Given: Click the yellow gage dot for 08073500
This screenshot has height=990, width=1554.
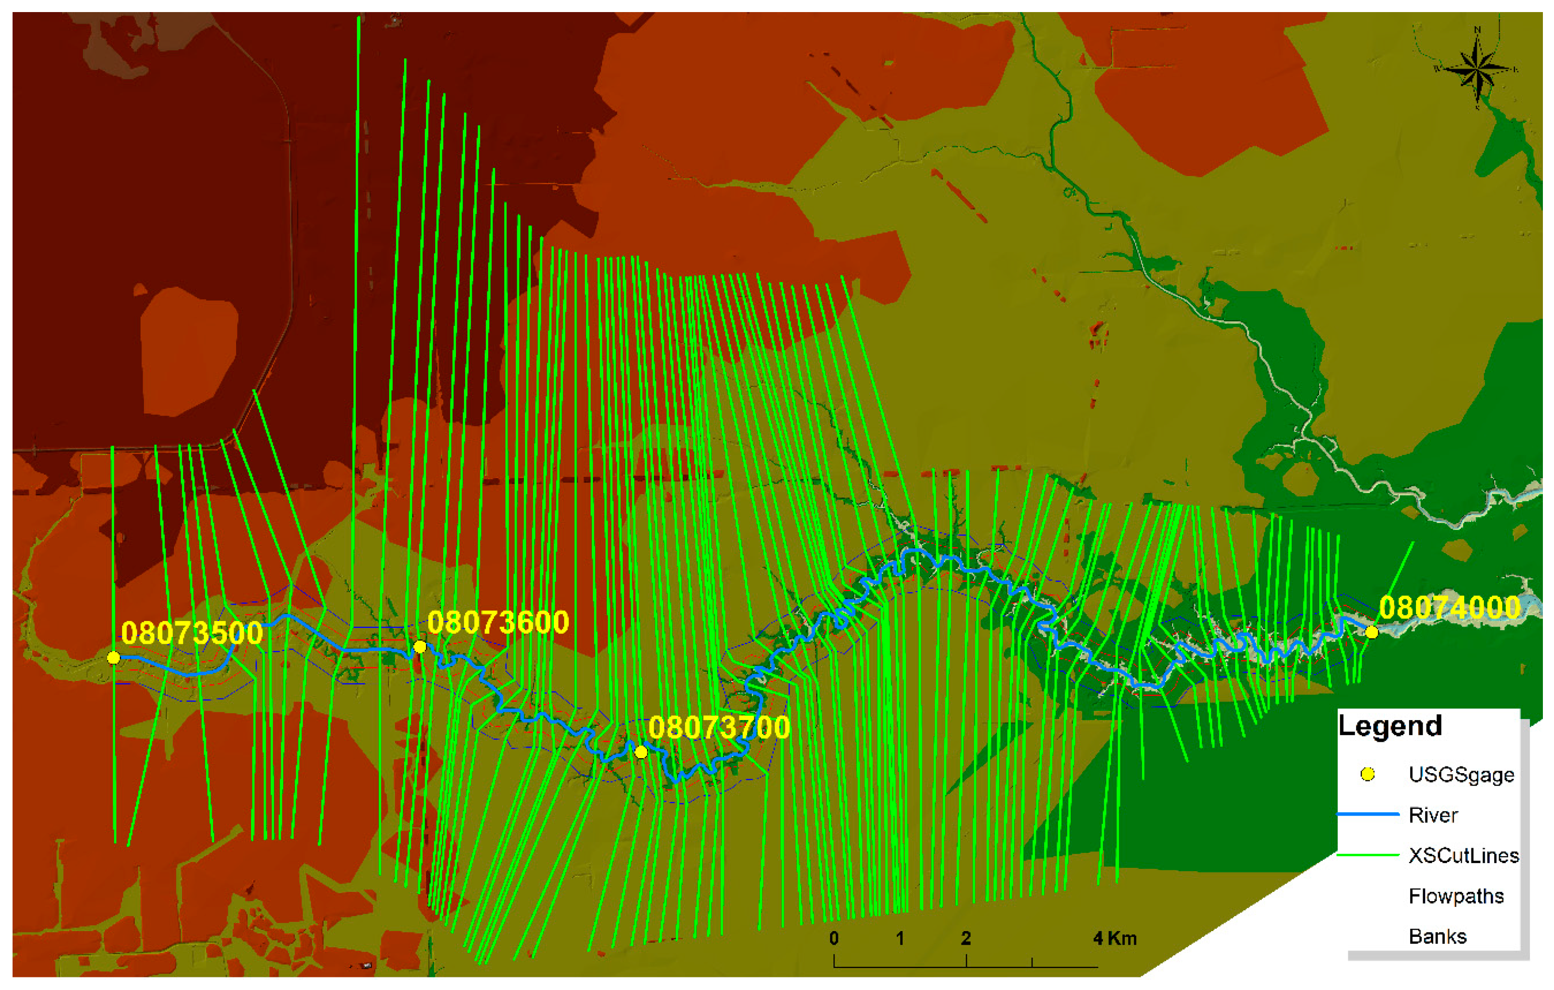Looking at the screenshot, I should coord(113,658).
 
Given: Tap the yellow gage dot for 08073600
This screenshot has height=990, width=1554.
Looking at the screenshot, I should coord(420,646).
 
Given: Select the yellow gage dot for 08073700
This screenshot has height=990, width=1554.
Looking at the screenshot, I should coord(641,752).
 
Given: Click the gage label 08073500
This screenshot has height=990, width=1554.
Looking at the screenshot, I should coord(192,633).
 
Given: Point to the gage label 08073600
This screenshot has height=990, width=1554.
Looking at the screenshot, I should coord(497,622).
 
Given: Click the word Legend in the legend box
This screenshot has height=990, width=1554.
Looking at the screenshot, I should coord(1389,726).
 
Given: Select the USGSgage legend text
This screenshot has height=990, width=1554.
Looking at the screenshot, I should coord(1461,775).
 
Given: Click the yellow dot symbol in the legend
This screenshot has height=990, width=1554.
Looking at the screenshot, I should coord(1367,775).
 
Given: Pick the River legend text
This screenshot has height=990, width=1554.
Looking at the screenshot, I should coord(1433,815).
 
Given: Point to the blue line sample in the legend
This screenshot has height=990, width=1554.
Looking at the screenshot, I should coord(1367,815).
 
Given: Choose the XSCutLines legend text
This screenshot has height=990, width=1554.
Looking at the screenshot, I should coord(1464,856).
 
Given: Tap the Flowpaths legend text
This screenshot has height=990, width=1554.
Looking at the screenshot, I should coord(1456,896).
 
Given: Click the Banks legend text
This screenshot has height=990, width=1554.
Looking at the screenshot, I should coord(1437,936).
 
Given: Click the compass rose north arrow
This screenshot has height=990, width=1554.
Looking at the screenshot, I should coord(1477,69).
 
